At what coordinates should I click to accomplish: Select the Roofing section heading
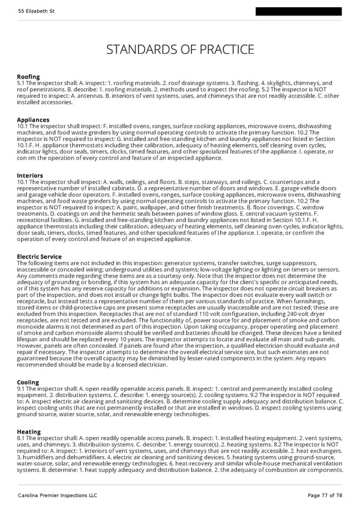tap(28, 77)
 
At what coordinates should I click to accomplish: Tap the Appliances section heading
tap(33, 120)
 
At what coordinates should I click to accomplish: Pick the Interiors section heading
tap(31, 176)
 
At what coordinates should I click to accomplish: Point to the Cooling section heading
tap(28, 382)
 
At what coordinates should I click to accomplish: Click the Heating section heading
tap(29, 432)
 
